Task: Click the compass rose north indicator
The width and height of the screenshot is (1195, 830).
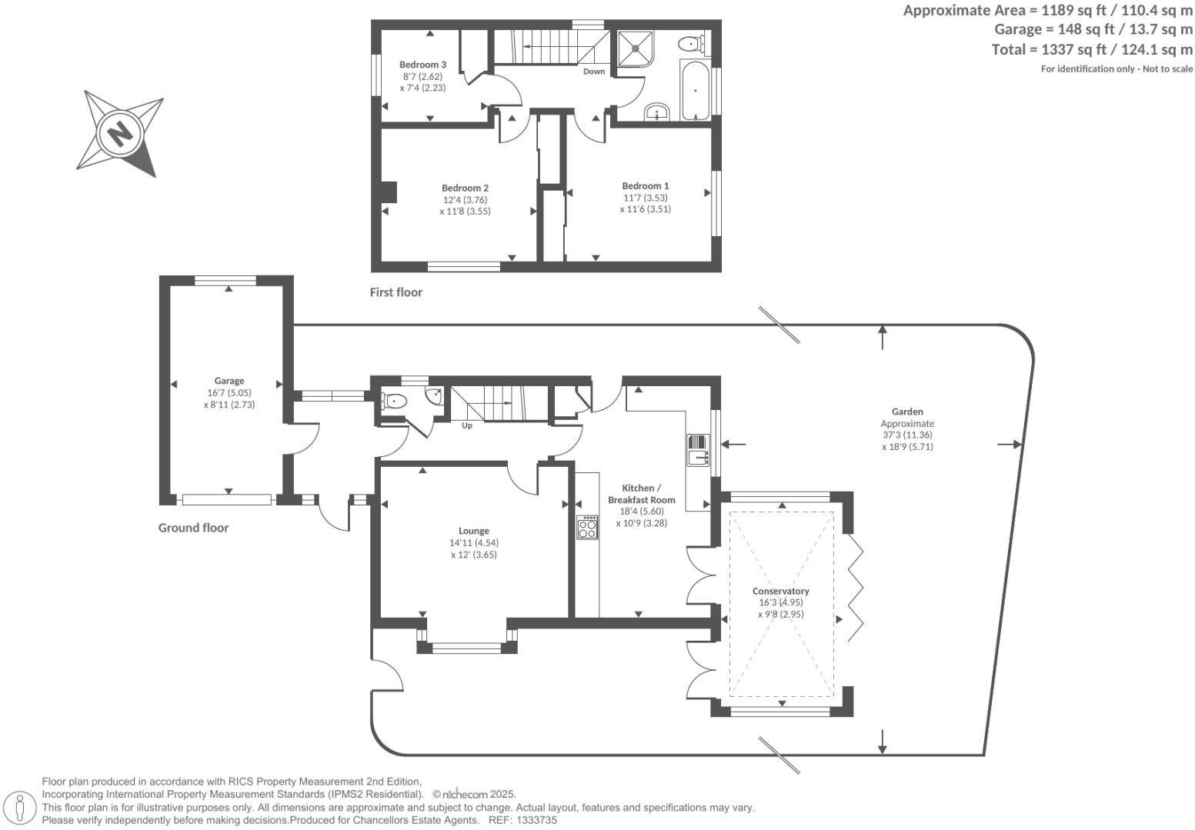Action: coord(120,132)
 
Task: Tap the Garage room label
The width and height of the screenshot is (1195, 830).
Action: coord(229,381)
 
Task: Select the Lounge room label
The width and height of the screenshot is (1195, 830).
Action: coord(473,531)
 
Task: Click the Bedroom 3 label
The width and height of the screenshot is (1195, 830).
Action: coord(422,65)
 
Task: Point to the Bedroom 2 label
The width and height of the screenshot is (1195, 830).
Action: coord(465,188)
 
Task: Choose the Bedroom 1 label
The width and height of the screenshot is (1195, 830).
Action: coord(645,185)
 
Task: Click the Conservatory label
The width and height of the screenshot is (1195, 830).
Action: coord(780,591)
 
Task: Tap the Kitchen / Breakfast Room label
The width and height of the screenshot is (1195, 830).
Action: coord(641,494)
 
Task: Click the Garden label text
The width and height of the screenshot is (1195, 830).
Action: coord(907,412)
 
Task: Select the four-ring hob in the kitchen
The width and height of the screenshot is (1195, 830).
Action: coord(587,527)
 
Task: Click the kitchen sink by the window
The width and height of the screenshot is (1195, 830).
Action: coord(698,451)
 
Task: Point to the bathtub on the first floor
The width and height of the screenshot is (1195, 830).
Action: coord(695,91)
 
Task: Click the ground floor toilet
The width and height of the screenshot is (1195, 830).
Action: coord(394,401)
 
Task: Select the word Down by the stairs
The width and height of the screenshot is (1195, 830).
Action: coord(593,72)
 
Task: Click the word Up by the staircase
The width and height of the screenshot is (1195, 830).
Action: coord(466,425)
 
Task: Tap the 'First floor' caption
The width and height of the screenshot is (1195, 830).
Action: coord(396,292)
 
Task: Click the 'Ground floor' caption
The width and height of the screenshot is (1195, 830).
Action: coord(193,528)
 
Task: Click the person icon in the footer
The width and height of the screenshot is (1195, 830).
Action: coord(20,808)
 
